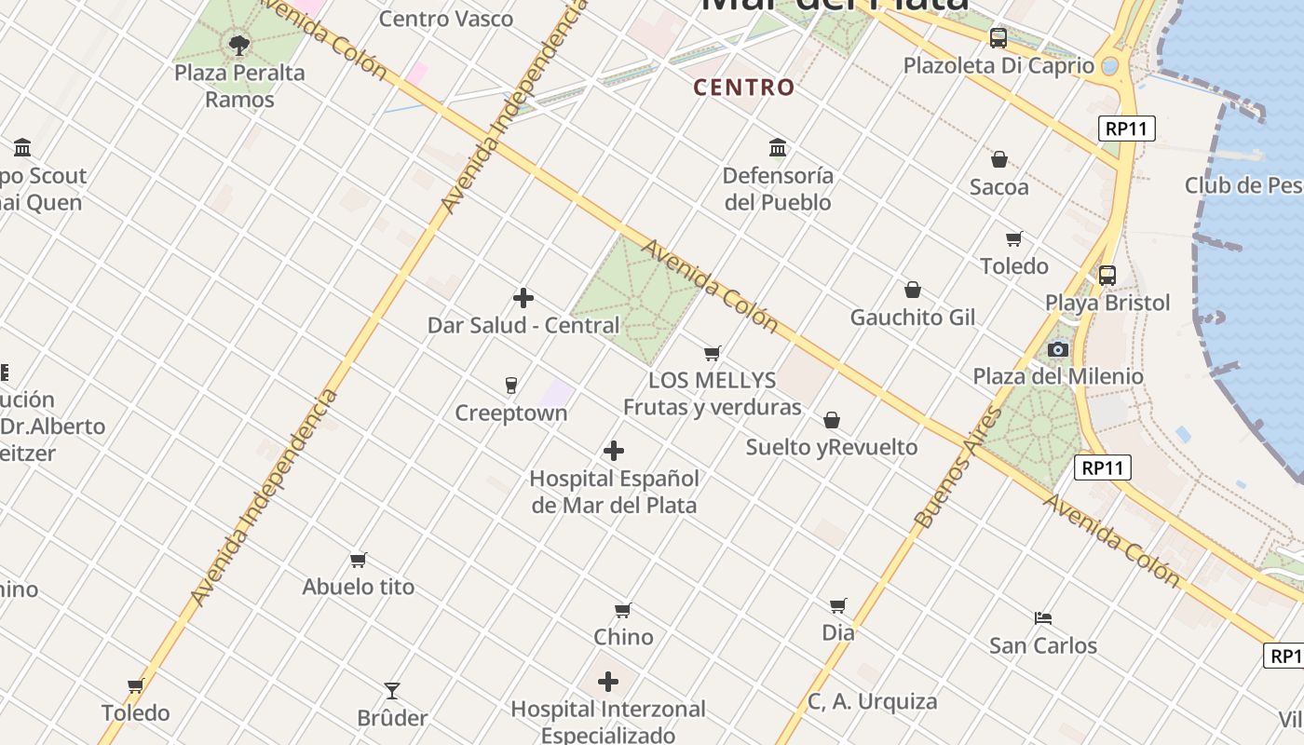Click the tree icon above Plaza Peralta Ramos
click(239, 44)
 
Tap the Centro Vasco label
click(446, 19)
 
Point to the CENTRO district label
click(744, 88)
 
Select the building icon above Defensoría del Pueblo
click(778, 147)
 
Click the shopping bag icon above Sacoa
click(999, 159)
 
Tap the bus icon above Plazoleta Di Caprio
click(998, 38)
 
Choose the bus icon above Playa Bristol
click(1107, 276)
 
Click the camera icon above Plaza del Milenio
click(1058, 349)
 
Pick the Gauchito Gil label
click(913, 318)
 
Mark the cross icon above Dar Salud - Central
click(523, 298)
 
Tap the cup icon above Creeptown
click(510, 386)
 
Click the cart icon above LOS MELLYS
click(713, 353)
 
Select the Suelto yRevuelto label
click(832, 447)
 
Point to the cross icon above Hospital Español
click(614, 451)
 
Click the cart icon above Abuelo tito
click(359, 560)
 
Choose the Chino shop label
click(623, 637)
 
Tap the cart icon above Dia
click(838, 606)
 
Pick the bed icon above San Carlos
click(1043, 617)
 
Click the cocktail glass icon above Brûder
click(392, 690)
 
